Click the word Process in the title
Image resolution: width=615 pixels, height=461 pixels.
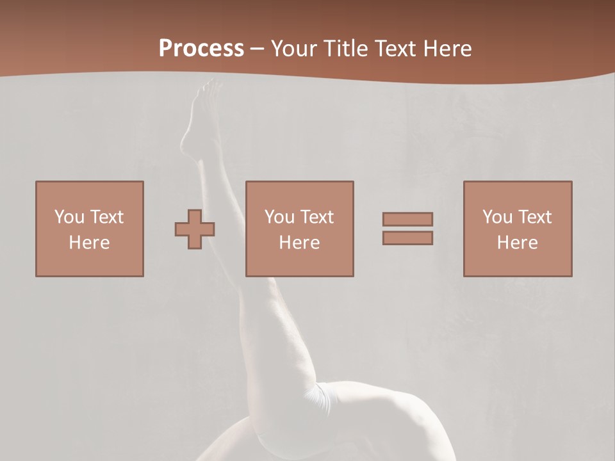pos(201,49)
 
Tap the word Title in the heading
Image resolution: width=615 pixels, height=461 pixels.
pos(346,49)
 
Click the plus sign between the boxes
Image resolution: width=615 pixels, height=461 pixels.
pos(195,229)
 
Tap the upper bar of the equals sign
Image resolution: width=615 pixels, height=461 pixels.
pos(407,219)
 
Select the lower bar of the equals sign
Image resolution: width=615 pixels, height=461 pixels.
pos(407,238)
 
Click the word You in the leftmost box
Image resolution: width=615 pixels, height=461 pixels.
pos(69,217)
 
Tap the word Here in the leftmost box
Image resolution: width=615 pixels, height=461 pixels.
pos(89,243)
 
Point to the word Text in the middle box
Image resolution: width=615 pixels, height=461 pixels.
pos(316,217)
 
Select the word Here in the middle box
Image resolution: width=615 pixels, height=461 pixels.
pos(299,243)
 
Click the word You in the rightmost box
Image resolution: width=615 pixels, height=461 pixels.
pos(497,217)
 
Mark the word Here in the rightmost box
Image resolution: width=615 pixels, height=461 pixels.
pos(517,243)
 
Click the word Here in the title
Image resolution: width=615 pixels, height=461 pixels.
pos(448,49)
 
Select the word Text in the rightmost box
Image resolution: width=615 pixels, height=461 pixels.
pos(534,217)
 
